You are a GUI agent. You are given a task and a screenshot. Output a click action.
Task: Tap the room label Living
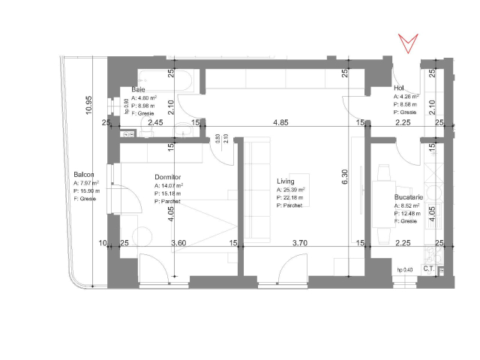[x=285, y=181]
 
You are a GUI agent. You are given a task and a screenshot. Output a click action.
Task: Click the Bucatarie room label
[x=409, y=198]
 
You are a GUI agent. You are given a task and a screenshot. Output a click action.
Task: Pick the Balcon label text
[x=84, y=175]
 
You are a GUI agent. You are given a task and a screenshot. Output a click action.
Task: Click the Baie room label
[x=138, y=90]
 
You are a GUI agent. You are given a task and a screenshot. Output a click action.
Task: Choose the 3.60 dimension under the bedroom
[x=178, y=243]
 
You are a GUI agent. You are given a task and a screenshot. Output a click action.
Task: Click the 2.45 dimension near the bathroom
[x=156, y=122]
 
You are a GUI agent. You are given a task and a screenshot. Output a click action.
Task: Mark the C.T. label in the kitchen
[x=430, y=268]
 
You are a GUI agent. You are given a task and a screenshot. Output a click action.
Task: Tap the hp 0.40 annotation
[x=404, y=269]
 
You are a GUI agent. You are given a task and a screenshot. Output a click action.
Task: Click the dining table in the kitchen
[x=385, y=185]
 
